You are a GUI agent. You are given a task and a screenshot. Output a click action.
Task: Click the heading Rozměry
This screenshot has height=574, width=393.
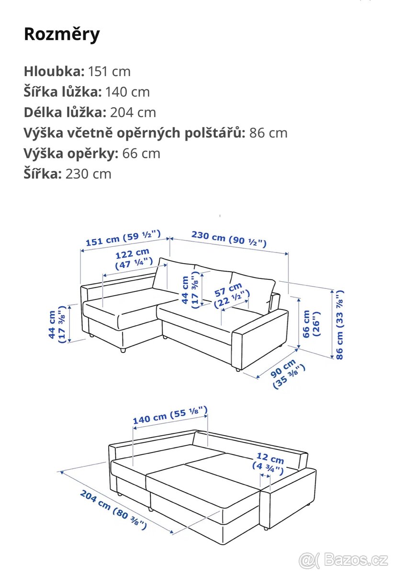[x=62, y=34]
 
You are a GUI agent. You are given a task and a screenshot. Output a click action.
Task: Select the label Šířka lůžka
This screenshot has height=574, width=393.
[x=63, y=92]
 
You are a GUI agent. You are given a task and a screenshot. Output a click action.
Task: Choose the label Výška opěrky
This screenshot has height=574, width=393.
[x=71, y=153]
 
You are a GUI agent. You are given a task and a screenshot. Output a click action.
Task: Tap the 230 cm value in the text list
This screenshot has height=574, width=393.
[x=88, y=174]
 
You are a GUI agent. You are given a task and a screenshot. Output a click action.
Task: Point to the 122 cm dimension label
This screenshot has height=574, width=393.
[x=134, y=257]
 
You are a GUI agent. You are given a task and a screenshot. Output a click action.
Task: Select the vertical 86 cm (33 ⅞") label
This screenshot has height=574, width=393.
[x=339, y=324]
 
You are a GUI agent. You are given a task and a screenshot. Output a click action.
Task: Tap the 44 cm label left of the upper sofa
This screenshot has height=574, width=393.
[x=56, y=325]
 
